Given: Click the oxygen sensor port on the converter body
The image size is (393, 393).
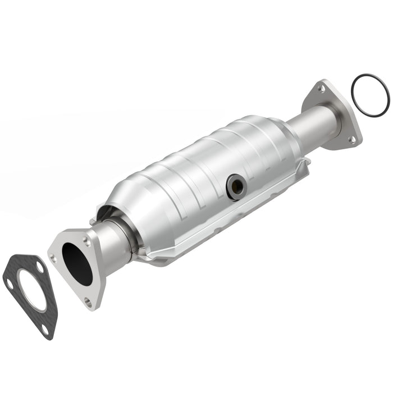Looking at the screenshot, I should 235,186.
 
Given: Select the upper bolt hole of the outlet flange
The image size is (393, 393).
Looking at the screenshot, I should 322,89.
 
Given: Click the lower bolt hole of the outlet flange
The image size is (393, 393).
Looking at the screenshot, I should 352,139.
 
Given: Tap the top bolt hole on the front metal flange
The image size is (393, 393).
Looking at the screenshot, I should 86,240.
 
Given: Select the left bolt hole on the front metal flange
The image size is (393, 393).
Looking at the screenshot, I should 52,258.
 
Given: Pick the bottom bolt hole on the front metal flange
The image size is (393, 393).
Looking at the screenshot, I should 88,301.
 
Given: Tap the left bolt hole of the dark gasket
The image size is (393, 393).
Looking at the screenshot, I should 9,284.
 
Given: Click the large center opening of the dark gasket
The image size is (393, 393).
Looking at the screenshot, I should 31,290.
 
